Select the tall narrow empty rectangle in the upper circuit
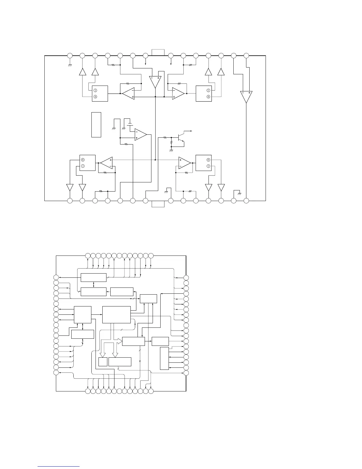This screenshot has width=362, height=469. click(x=96, y=125)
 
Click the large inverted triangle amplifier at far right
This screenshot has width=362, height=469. click(x=246, y=96)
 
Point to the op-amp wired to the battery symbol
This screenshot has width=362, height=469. click(x=140, y=135)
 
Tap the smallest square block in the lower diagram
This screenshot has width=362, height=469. click(x=103, y=362)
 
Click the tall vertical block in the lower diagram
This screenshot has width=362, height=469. click(x=164, y=359)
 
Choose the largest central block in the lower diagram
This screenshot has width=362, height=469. click(x=116, y=315)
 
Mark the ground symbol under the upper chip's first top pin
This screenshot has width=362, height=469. click(x=70, y=65)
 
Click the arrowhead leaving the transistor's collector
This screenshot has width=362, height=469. click(x=192, y=131)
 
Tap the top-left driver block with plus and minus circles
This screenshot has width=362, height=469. click(x=100, y=94)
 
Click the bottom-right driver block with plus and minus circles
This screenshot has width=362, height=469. click(x=203, y=163)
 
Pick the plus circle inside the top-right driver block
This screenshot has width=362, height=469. click(x=209, y=97)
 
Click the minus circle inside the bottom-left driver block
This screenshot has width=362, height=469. click(x=83, y=166)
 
